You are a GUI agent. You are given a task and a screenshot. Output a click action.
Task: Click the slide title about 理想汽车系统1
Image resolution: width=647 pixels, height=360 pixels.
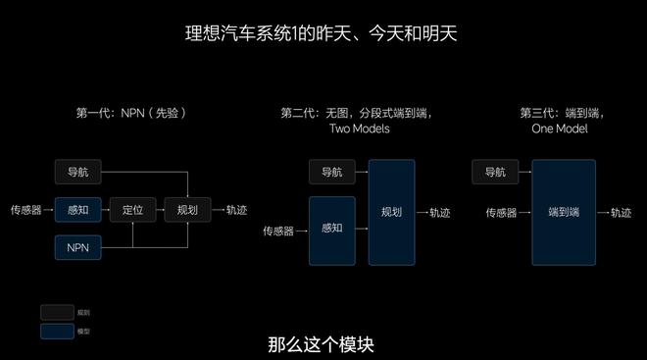[323, 34]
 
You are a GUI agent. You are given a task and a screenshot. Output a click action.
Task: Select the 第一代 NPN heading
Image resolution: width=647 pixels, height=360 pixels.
[130, 113]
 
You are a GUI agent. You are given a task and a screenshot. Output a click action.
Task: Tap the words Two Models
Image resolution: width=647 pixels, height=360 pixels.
[359, 129]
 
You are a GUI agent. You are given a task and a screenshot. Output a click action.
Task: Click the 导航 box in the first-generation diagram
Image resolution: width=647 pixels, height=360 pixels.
[77, 173]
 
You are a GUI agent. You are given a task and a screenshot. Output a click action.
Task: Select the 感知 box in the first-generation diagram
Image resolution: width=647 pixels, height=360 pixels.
[77, 210]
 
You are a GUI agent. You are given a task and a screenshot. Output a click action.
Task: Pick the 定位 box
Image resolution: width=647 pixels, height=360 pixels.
[132, 210]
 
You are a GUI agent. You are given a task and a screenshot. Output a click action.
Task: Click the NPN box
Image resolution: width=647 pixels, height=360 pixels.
[77, 247]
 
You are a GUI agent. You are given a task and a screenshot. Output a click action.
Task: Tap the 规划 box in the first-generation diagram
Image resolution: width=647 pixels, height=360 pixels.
[187, 210]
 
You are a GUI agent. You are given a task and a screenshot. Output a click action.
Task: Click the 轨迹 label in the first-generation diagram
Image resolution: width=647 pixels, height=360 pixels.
[236, 210]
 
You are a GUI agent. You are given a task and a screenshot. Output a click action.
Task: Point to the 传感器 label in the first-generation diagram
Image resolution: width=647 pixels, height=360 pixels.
[25, 210]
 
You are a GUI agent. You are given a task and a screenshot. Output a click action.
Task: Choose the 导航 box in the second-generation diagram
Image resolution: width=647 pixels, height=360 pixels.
[331, 173]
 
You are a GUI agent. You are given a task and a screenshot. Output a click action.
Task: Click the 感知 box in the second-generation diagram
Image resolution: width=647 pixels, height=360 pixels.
[331, 230]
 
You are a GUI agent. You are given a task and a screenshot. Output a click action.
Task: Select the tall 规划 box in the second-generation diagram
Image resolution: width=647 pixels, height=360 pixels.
[391, 211]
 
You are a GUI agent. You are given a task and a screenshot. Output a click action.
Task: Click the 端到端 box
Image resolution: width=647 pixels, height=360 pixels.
[564, 212]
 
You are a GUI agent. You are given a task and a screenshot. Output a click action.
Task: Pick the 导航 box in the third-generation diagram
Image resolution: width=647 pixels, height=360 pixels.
[496, 173]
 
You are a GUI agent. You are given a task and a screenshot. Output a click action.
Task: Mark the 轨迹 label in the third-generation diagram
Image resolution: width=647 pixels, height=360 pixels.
[621, 212]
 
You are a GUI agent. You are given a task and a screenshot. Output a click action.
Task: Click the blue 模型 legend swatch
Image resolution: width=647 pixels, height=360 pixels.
[57, 331]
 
